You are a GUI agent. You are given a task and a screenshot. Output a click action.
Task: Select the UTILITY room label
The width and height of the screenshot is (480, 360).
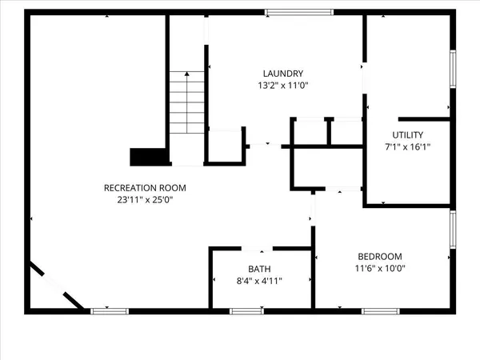click(408, 134)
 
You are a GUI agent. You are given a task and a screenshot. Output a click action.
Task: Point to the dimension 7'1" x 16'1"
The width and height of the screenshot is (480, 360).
click(408, 147)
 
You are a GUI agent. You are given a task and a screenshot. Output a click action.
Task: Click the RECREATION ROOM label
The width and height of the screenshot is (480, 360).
click(139, 188)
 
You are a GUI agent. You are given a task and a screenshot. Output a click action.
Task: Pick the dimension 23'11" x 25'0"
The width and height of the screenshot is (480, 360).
click(139, 201)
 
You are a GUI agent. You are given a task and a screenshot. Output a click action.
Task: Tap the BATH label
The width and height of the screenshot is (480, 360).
click(259, 268)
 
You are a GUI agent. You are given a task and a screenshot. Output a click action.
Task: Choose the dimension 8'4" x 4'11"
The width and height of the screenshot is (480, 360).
click(259, 281)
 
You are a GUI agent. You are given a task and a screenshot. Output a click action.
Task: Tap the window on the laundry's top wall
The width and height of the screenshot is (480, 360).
click(299, 12)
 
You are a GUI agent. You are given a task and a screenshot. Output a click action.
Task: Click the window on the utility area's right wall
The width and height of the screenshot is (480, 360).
click(452, 69)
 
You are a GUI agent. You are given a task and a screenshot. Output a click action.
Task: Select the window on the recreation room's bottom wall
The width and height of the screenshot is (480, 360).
click(109, 310)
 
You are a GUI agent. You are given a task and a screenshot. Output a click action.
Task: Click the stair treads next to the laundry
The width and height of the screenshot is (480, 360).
click(187, 104)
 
